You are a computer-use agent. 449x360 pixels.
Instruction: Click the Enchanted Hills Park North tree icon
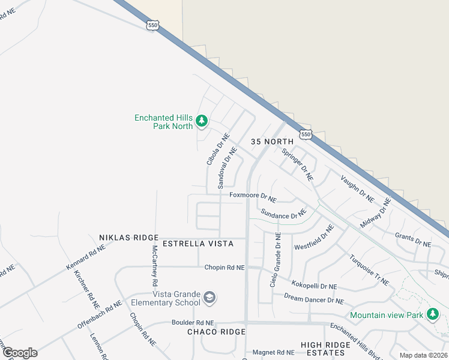pyautogui.click(x=202, y=121)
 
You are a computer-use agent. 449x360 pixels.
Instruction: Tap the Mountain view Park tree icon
pyautogui.click(x=432, y=314)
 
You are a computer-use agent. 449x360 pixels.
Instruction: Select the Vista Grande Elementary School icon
pyautogui.click(x=209, y=297)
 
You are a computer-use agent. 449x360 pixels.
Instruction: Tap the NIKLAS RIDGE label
pyautogui.click(x=128, y=238)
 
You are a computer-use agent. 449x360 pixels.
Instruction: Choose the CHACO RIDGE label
pyautogui.click(x=216, y=332)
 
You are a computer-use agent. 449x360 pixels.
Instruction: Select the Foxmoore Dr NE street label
pyautogui.click(x=253, y=196)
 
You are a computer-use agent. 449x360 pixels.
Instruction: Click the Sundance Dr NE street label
pyautogui.click(x=283, y=214)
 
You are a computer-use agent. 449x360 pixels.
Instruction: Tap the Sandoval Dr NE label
pyautogui.click(x=228, y=165)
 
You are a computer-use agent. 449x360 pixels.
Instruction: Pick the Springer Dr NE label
pyautogui.click(x=298, y=164)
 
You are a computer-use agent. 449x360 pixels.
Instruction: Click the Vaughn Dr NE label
pyautogui.click(x=357, y=187)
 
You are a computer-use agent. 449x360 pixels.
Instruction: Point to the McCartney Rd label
pyautogui.click(x=154, y=265)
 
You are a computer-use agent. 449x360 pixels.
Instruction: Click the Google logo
pyautogui.click(x=19, y=352)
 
